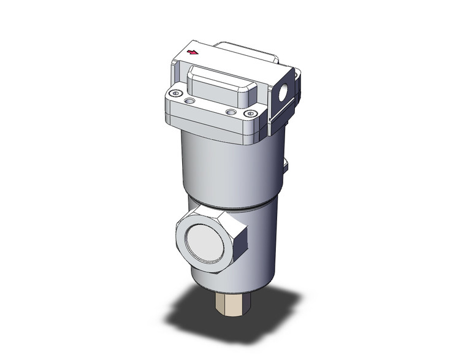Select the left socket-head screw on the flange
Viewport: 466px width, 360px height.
[177, 94]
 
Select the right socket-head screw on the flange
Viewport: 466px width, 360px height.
[248, 113]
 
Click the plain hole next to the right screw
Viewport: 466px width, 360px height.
[231, 112]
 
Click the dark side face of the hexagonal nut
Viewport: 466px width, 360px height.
[241, 243]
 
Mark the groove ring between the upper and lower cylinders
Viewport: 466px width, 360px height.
[233, 205]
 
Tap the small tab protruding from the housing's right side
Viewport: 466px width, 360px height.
[286, 165]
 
